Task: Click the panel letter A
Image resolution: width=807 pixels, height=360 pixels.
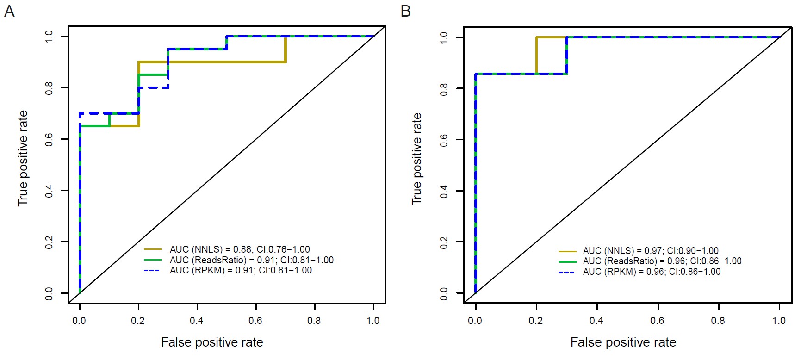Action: point(9,11)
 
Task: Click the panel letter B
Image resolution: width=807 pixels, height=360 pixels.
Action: point(405,11)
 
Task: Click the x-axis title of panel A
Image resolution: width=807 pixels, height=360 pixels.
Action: point(212,342)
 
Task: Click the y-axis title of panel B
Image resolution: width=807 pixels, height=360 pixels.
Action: point(417,159)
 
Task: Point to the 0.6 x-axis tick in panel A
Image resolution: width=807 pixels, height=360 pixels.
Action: point(255,321)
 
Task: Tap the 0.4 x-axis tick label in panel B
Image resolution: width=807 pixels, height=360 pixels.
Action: point(596,321)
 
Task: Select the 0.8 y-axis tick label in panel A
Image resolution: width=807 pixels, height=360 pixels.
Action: point(49,88)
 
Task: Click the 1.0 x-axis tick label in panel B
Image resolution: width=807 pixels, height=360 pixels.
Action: point(779,321)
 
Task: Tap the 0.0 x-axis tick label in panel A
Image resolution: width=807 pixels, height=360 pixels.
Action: point(79,321)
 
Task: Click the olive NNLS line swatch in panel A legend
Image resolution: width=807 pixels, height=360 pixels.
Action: point(153,249)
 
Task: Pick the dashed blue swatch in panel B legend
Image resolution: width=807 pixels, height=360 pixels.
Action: point(567,272)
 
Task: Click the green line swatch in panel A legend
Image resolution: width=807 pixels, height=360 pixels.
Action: point(153,260)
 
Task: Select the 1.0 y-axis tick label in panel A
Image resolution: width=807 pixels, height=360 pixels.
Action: point(49,37)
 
